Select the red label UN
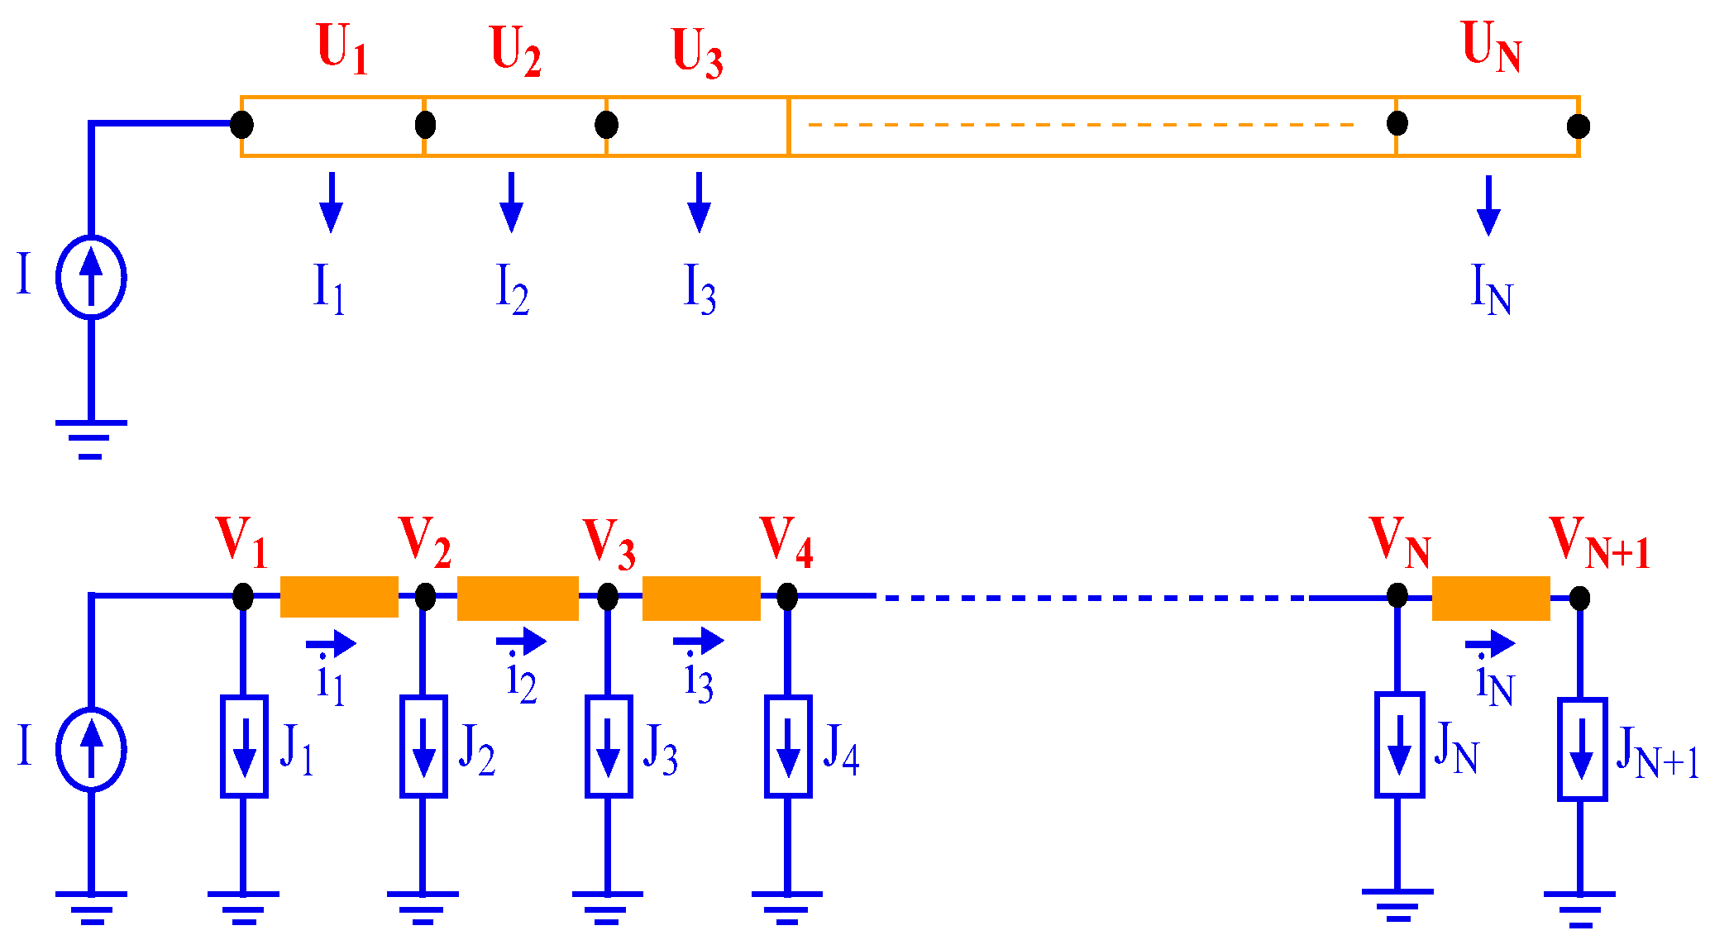tap(1491, 46)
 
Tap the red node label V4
tap(786, 542)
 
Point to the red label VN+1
tap(1598, 542)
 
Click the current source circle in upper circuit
tap(91, 277)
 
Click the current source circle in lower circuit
tap(91, 749)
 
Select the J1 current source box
tap(244, 747)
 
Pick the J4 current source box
tap(788, 747)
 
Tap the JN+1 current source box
tap(1582, 749)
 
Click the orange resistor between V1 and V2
tap(339, 597)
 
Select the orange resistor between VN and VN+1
tap(1490, 598)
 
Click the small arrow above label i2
tap(521, 641)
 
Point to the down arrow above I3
tap(699, 203)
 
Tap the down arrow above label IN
tap(1488, 206)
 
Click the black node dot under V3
tap(608, 596)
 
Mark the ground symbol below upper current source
tap(91, 438)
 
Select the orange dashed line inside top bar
tap(1079, 125)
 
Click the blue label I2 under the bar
tap(512, 289)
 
